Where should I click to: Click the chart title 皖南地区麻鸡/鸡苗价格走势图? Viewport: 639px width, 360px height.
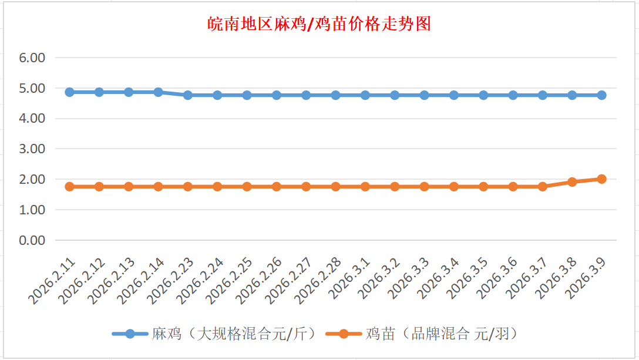pos(319,24)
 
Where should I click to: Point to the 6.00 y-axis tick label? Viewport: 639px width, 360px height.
pos(33,58)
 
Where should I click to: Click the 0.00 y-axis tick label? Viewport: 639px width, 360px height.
pos(33,240)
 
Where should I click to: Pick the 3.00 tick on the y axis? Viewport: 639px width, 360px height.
pos(33,149)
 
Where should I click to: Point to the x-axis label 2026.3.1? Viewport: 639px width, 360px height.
pos(350,279)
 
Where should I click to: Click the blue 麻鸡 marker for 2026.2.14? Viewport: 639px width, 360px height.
pos(158,92)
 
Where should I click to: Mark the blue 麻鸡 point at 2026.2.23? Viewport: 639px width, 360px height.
pos(188,95)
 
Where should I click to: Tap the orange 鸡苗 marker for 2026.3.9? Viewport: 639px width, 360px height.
pos(601,179)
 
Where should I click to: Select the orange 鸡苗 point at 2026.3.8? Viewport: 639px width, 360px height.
pos(572,182)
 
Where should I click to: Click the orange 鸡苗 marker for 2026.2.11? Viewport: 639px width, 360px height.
pos(69,187)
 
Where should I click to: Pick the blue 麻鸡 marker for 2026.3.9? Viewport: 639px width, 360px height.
pos(601,95)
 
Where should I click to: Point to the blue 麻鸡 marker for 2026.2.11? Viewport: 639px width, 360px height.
pos(69,92)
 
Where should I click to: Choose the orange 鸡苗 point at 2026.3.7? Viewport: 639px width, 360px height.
pos(543,187)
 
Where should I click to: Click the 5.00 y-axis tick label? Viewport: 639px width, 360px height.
pos(33,88)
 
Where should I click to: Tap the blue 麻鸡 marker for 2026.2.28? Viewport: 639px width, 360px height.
pos(335,95)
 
